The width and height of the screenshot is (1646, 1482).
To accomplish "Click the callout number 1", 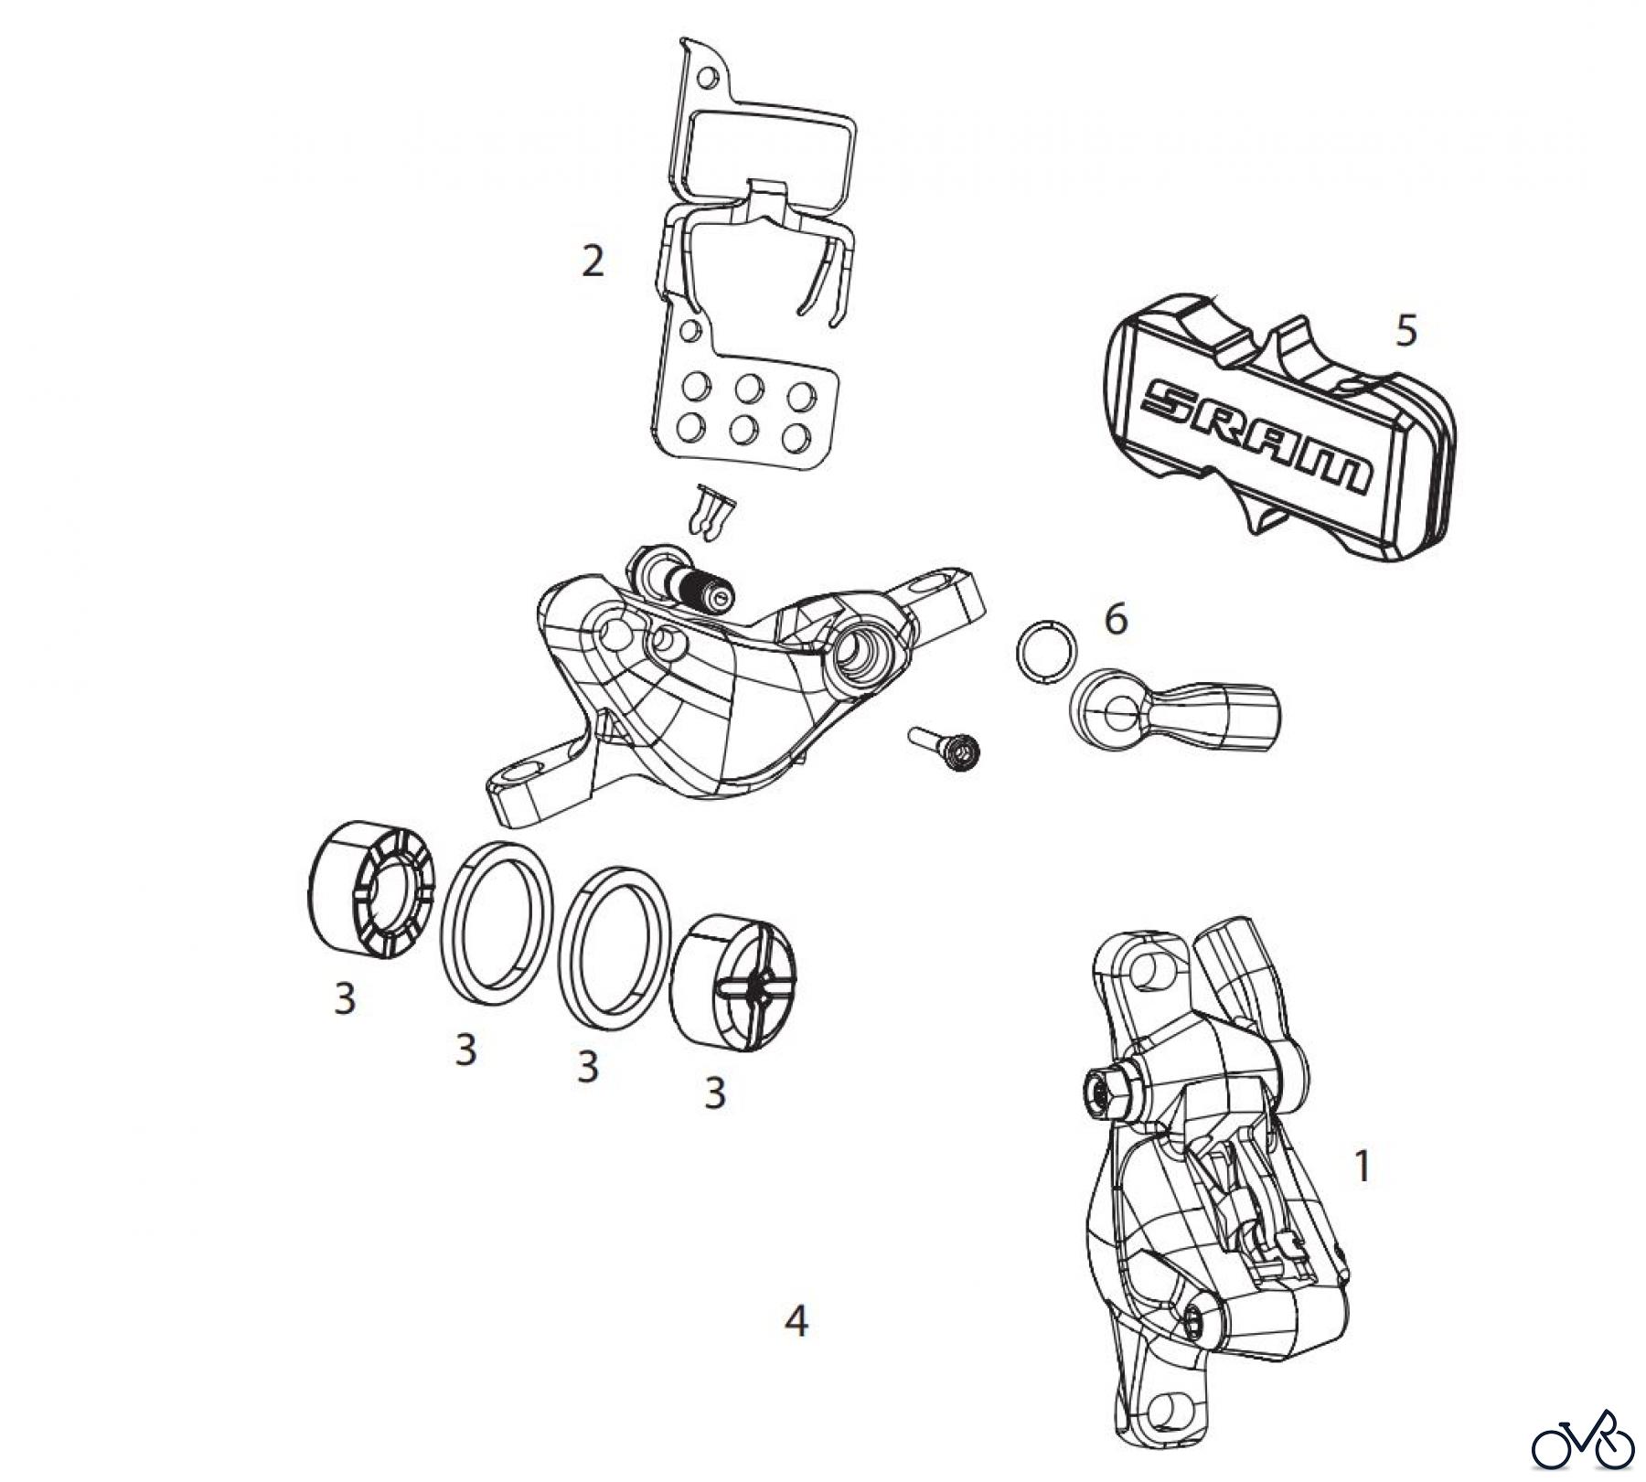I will (x=1362, y=1167).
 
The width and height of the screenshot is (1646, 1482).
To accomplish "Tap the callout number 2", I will (x=593, y=262).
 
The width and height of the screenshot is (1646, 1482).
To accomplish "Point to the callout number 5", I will (x=1406, y=330).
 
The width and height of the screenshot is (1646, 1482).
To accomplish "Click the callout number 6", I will (x=1116, y=619).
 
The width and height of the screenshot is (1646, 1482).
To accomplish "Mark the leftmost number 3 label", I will (x=344, y=999).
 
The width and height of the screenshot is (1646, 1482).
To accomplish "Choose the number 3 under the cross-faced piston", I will (x=714, y=1093).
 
